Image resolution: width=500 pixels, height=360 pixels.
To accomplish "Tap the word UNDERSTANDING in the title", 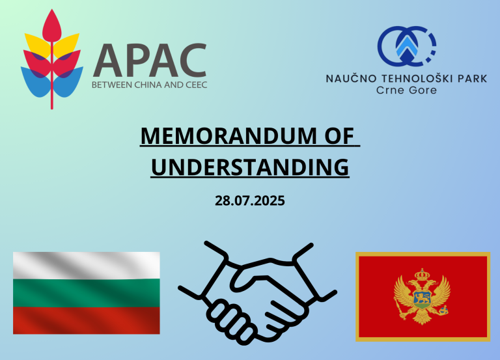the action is [x=250, y=167].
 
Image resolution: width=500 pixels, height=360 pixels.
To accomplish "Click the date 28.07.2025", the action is [x=250, y=201].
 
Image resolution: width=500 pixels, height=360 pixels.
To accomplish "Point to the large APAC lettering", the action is [x=150, y=61].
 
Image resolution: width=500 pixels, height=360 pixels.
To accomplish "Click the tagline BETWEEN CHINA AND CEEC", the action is [x=150, y=85].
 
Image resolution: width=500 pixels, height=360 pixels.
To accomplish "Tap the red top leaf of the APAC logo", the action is [x=52, y=25].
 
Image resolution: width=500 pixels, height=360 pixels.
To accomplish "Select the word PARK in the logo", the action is [x=473, y=78].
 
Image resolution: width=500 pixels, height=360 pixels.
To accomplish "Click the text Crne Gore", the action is [x=406, y=90].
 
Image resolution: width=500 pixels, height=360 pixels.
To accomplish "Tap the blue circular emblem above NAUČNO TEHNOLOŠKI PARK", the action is [x=406, y=46].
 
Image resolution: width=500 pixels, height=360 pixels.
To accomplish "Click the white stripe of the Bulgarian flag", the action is [x=87, y=266].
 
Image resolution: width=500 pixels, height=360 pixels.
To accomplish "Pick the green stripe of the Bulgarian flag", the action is [x=87, y=293].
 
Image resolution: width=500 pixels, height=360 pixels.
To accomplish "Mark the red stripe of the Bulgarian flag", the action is [x=87, y=320].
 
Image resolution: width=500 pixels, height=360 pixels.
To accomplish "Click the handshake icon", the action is [x=257, y=293].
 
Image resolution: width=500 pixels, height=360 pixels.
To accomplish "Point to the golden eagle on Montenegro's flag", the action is [x=422, y=297].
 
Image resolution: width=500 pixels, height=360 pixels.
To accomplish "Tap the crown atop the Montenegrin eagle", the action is [x=422, y=275].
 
